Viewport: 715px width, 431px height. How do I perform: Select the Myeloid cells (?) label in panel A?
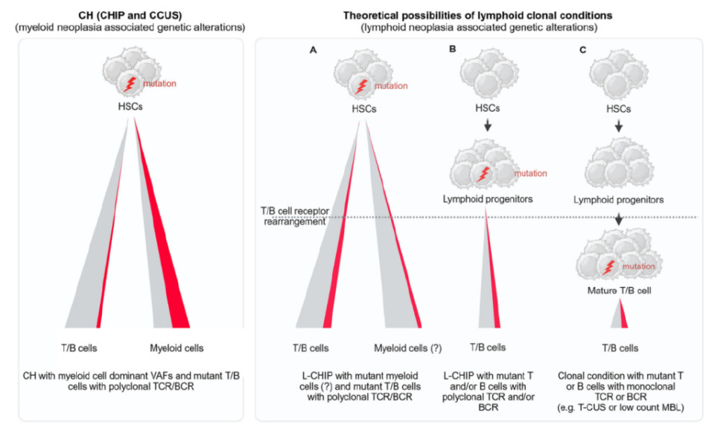(x=406, y=347)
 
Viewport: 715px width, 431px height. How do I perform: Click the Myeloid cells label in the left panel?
(x=177, y=347)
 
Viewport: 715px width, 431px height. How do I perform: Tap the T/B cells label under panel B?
(x=487, y=347)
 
